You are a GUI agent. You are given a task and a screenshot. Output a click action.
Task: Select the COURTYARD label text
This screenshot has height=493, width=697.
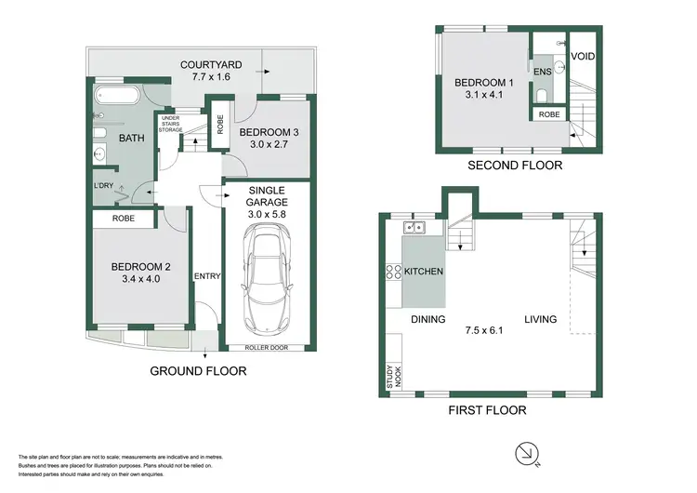click(211, 64)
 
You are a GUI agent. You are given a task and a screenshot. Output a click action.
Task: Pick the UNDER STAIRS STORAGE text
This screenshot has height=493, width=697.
click(171, 125)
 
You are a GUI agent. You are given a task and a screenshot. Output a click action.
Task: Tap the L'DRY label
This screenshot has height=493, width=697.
click(105, 186)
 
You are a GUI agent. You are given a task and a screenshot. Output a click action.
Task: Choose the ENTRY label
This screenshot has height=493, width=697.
click(205, 276)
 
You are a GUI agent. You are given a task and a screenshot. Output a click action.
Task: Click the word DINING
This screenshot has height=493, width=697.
click(428, 319)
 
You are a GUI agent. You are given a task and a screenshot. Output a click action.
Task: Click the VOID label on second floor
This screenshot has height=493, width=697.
click(583, 57)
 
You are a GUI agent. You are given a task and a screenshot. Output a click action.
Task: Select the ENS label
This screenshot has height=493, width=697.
click(543, 71)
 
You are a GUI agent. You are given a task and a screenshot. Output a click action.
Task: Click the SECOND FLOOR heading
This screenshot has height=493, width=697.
click(517, 166)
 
